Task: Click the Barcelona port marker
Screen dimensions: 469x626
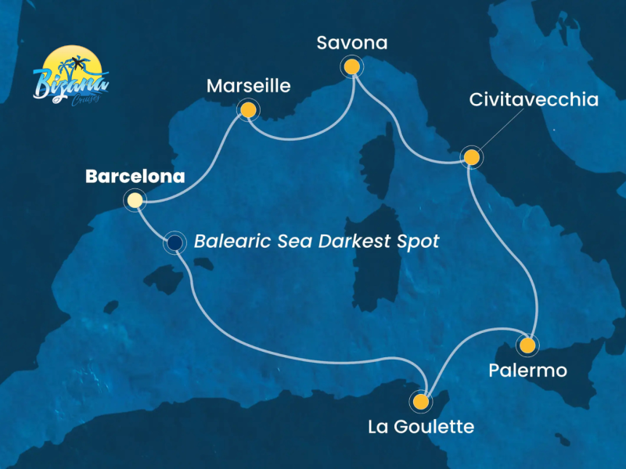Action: tap(135, 201)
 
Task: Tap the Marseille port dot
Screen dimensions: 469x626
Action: tap(248, 110)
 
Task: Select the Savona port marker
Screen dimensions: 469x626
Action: tap(352, 67)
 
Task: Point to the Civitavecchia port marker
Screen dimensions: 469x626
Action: tap(471, 157)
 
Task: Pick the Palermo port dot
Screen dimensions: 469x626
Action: tap(528, 345)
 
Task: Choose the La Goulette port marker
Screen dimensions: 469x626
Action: tap(421, 402)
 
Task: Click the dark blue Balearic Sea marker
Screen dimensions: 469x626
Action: tap(174, 244)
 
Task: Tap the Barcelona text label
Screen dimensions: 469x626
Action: tap(135, 177)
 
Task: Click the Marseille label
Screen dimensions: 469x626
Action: tap(248, 86)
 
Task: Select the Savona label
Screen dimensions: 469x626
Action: tap(352, 43)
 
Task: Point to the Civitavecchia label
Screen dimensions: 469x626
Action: tap(534, 100)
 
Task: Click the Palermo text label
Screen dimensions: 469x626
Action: tap(527, 371)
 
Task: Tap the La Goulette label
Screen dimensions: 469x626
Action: tap(421, 427)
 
